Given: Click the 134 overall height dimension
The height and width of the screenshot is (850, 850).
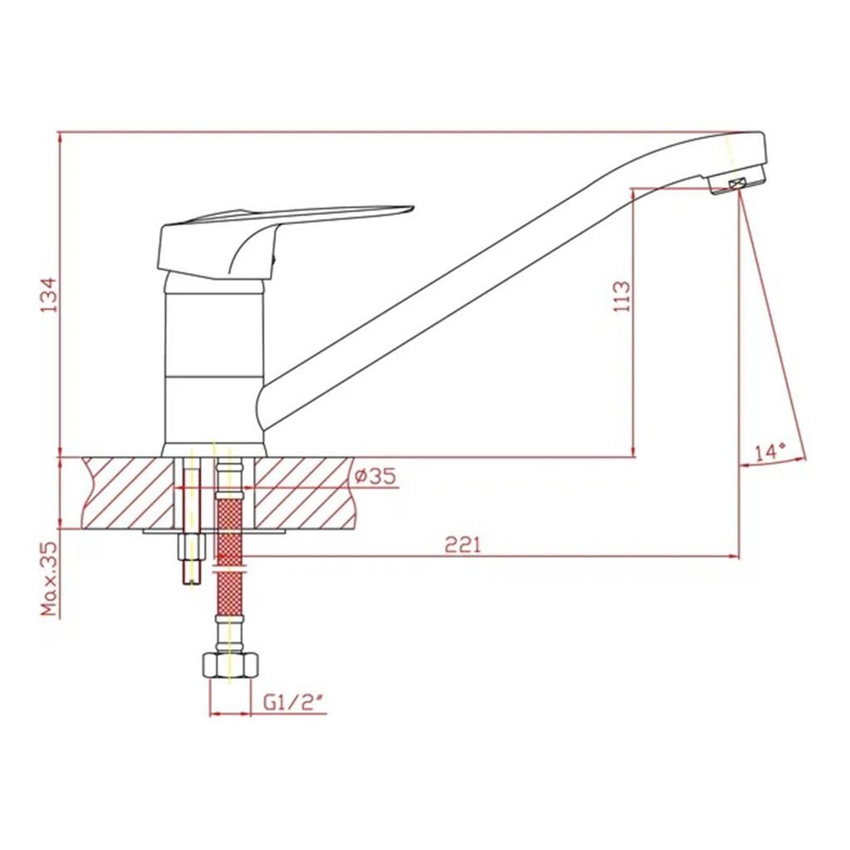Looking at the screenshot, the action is tap(49, 295).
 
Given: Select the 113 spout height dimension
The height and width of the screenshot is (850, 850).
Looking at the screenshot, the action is tap(623, 296).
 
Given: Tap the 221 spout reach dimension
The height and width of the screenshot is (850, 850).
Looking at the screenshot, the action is tap(462, 545).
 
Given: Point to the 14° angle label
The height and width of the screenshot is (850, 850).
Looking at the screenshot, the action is tap(770, 452).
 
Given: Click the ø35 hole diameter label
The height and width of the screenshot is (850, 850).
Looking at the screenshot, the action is tap(375, 476).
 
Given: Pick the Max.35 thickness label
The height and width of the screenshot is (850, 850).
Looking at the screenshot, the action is tap(49, 579).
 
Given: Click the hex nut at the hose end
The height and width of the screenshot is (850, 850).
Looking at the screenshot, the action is tap(230, 665).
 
